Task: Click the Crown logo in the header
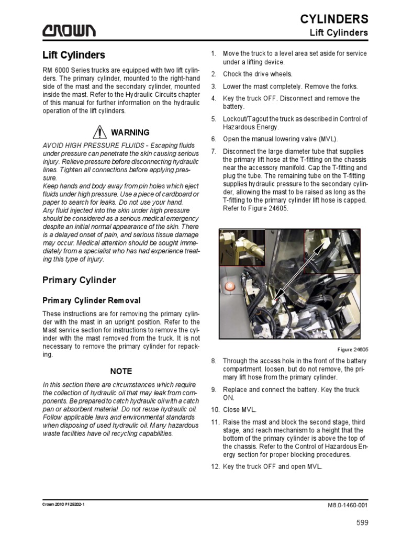(69, 31)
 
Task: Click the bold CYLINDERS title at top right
(333, 19)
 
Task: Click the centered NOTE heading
(121, 371)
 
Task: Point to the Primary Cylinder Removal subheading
(92, 300)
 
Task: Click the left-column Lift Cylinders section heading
(73, 55)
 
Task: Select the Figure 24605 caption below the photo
(353, 349)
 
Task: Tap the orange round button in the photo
(229, 287)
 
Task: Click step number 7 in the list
(214, 152)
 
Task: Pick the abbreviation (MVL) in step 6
(328, 139)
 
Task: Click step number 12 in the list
(215, 466)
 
